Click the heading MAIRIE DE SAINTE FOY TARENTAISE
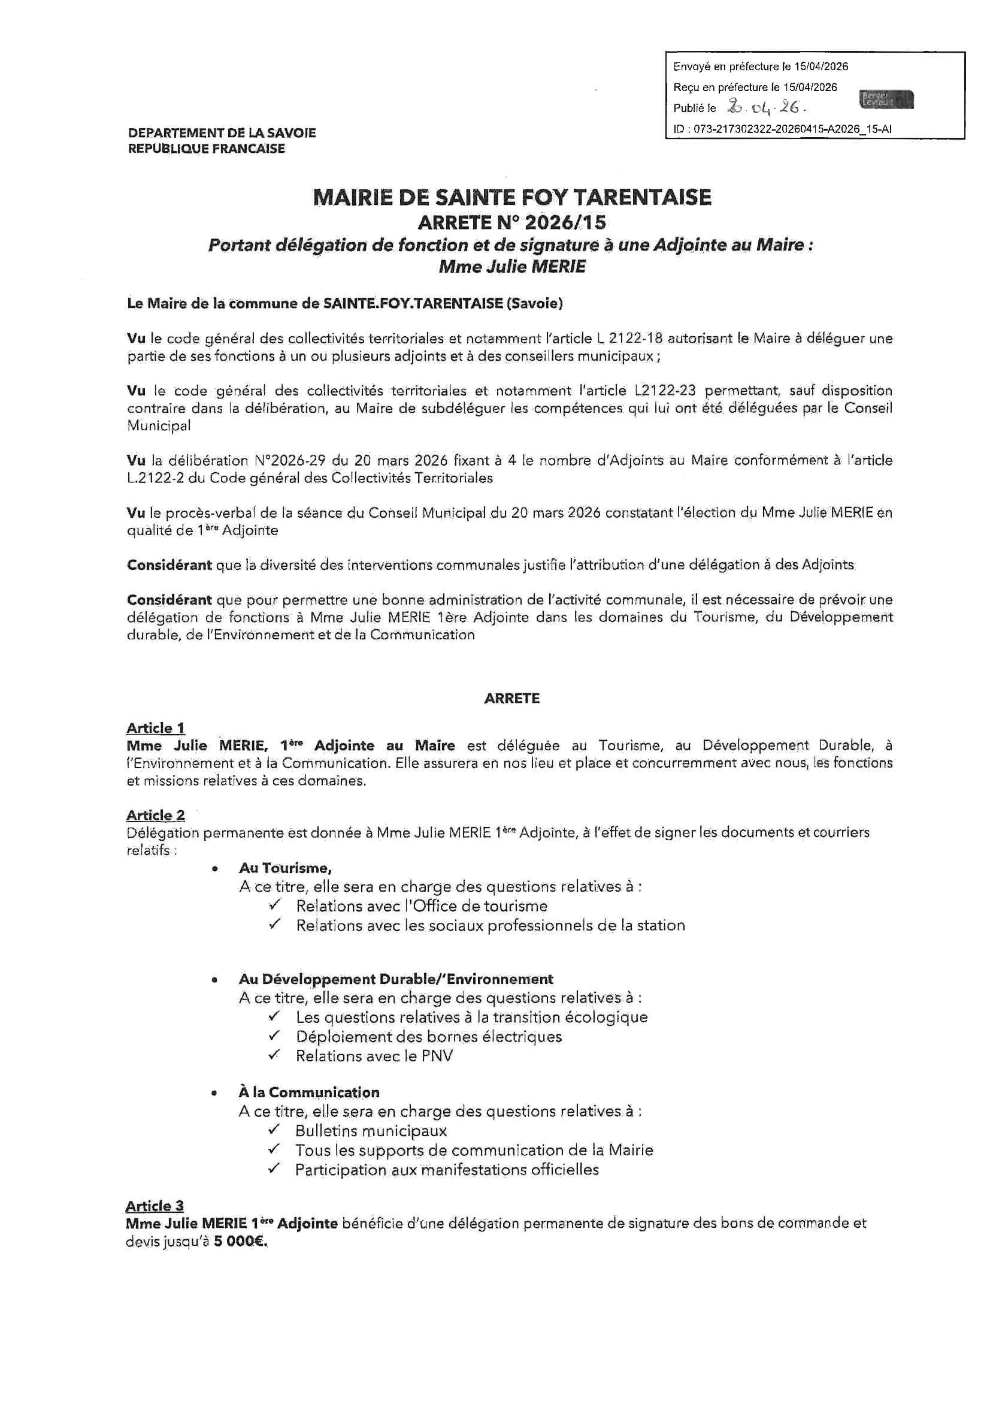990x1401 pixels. pyautogui.click(x=512, y=197)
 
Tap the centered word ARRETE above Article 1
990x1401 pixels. pyautogui.click(x=512, y=699)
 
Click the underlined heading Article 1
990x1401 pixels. pyautogui.click(x=156, y=728)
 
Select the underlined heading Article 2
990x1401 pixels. pyautogui.click(x=156, y=815)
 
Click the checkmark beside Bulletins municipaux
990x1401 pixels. pyautogui.click(x=273, y=1130)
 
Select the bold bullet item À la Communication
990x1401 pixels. pyautogui.click(x=308, y=1092)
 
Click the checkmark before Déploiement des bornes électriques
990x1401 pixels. pyautogui.click(x=274, y=1036)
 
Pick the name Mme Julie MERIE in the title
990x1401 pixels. pyautogui.click(x=512, y=267)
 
